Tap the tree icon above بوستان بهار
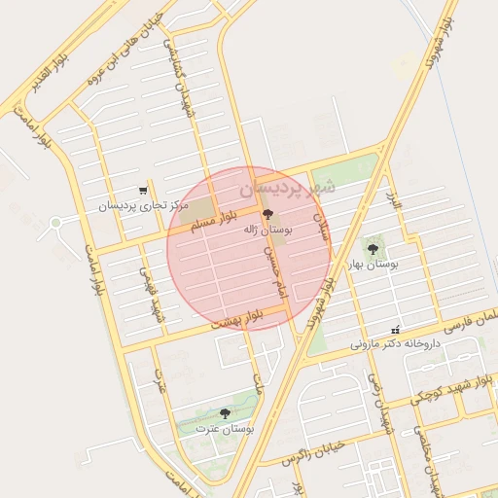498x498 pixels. [373, 250]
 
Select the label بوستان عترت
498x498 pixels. [225, 428]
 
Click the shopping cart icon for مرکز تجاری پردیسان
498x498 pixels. [144, 191]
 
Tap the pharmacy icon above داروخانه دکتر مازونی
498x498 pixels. [395, 331]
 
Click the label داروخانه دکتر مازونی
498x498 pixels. [396, 344]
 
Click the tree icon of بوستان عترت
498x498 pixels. [225, 414]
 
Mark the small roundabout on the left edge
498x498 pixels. [55, 223]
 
